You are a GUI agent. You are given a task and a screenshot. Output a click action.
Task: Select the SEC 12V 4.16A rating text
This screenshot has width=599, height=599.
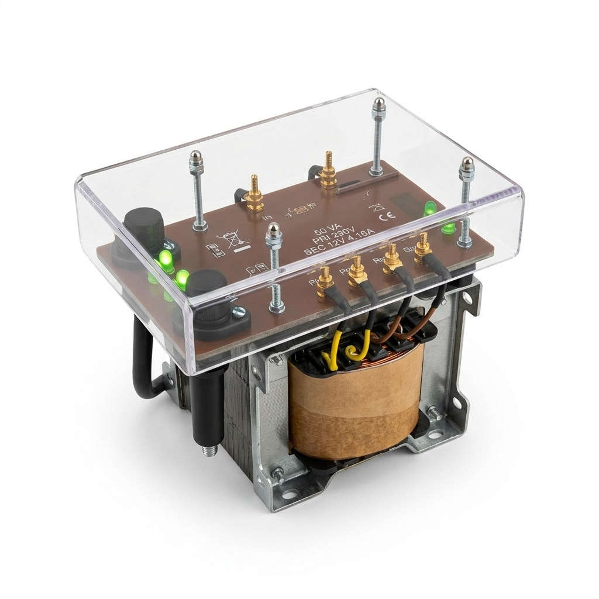coord(333,252)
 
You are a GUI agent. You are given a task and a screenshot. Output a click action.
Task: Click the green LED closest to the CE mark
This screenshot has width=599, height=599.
coord(430,208)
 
